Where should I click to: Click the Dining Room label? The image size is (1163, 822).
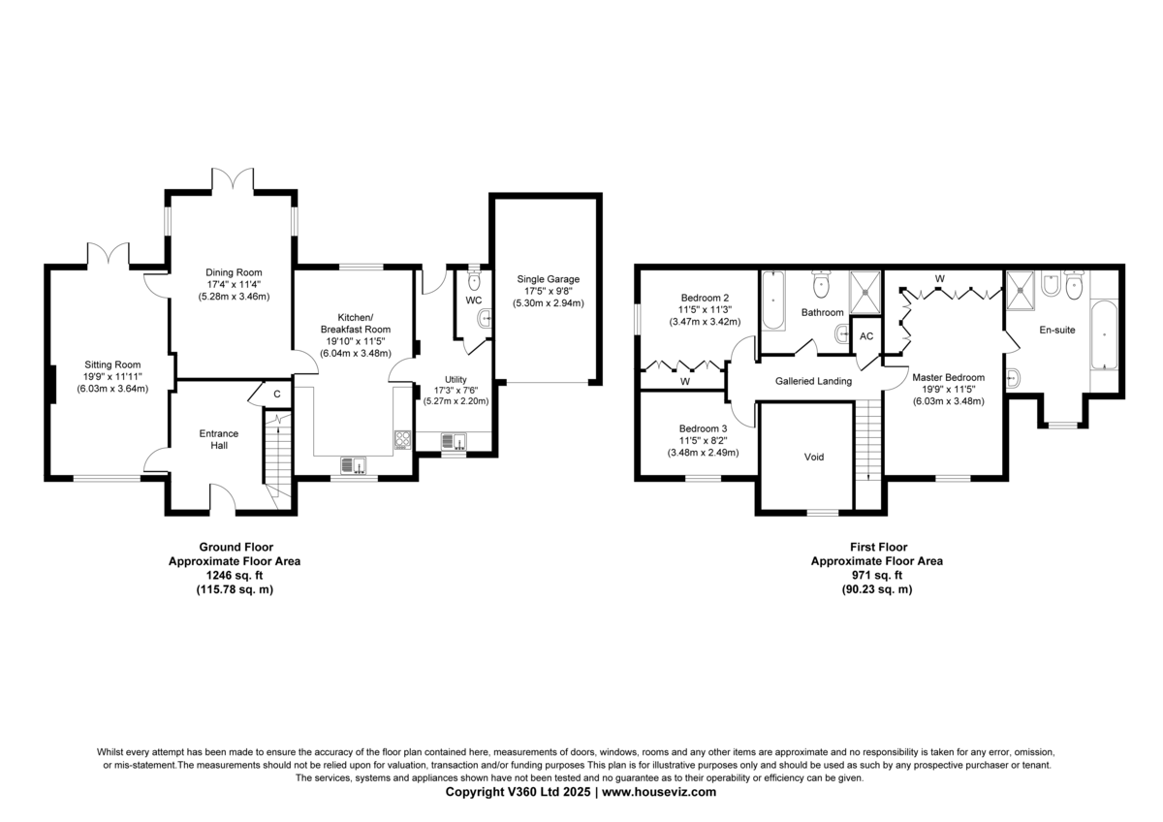coord(234,272)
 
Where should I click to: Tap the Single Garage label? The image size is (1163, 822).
coord(549,279)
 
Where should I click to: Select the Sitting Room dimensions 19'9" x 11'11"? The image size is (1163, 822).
coord(112,376)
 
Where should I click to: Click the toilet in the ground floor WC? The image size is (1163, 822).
coord(474,279)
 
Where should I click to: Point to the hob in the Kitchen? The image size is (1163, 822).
coord(402,440)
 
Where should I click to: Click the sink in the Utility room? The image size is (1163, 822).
coord(454,441)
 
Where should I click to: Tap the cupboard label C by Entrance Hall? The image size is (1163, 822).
coord(277,395)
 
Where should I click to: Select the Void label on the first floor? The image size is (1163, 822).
coord(813,457)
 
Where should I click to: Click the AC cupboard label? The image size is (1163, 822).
coord(866,336)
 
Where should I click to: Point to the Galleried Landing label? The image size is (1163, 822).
coord(813,381)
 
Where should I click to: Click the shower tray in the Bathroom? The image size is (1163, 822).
coord(865,293)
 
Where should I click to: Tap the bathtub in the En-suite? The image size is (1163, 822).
coord(1103,335)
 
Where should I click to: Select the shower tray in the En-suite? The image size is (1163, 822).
coord(1021,290)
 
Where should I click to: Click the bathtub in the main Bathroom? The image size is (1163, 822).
coord(773,300)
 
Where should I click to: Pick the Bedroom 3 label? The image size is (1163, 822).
coord(703,428)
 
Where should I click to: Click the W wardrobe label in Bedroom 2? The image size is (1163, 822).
coord(685,382)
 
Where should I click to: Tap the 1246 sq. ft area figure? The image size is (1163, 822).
coord(235,576)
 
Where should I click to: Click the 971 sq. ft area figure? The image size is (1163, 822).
coord(877,576)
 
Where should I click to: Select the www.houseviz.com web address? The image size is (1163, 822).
coord(659,792)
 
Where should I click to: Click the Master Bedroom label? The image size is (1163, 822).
coord(948,377)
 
